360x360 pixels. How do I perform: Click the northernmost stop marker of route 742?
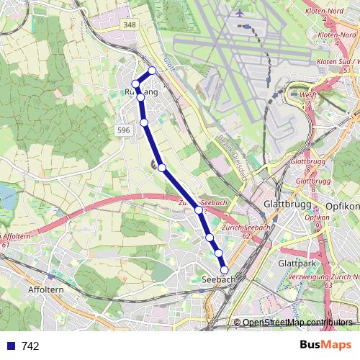click(152, 70)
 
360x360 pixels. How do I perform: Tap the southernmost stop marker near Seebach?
click(225, 269)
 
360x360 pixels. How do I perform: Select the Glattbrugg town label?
click(284, 204)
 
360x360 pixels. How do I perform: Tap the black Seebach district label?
click(218, 279)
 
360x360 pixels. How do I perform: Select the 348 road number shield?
click(130, 25)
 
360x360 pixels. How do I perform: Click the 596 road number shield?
click(123, 130)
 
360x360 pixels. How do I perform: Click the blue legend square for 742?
click(10, 346)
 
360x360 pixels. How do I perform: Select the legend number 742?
click(31, 346)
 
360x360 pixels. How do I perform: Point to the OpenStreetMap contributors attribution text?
click(297, 323)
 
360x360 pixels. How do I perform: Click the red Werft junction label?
click(308, 95)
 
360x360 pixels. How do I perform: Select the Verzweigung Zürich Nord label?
click(325, 276)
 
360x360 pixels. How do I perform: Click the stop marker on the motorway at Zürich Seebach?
click(199, 210)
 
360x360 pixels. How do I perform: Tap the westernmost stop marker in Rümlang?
click(135, 84)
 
